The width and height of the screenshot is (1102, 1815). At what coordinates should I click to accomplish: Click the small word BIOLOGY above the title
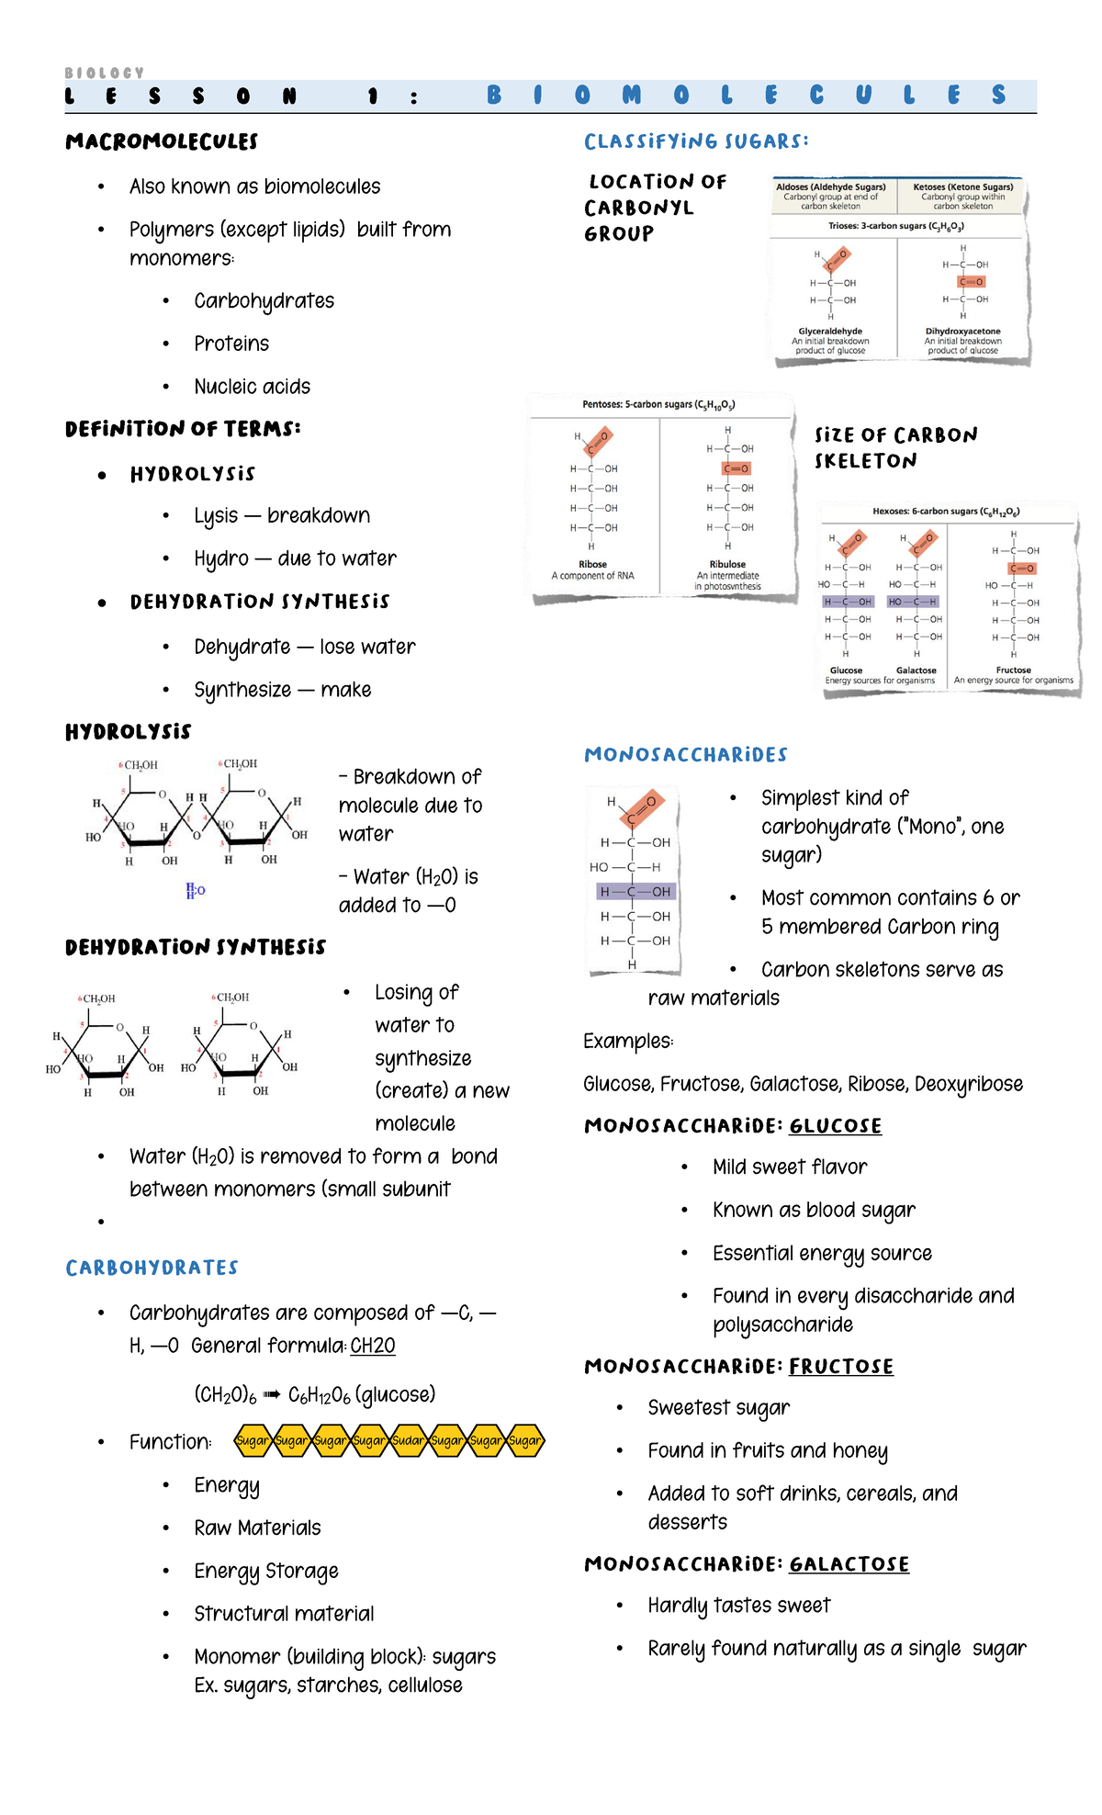(x=105, y=73)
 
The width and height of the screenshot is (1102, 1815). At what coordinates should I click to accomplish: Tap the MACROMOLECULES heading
(x=162, y=141)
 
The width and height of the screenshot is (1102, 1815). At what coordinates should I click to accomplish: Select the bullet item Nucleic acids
(x=252, y=387)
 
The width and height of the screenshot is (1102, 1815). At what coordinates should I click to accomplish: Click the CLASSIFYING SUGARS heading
(x=696, y=141)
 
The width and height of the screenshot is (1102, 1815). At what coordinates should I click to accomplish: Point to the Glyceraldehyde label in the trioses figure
(x=830, y=331)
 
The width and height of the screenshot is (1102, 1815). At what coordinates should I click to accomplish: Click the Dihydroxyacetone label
(x=962, y=331)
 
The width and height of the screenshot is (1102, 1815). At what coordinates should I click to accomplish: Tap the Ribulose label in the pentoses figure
(x=727, y=564)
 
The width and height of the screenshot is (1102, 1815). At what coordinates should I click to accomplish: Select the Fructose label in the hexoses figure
(x=1013, y=670)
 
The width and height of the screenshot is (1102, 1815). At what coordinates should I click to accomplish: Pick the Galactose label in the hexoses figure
(x=916, y=670)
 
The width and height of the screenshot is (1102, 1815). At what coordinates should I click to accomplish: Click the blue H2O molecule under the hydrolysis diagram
(x=196, y=890)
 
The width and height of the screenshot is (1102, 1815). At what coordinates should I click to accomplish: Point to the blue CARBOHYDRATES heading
(x=152, y=1268)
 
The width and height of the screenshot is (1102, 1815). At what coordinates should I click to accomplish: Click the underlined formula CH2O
(x=373, y=1346)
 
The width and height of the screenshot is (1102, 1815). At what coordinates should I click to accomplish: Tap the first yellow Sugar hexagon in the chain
(x=253, y=1440)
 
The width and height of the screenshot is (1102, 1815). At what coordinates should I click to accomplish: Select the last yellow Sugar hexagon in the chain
(x=525, y=1440)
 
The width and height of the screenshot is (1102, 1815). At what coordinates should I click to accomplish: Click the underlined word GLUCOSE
(x=835, y=1126)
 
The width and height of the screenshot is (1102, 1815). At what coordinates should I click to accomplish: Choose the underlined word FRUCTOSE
(x=840, y=1367)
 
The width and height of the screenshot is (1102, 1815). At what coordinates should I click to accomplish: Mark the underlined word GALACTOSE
(x=849, y=1564)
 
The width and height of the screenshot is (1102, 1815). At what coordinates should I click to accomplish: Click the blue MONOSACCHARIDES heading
(x=686, y=755)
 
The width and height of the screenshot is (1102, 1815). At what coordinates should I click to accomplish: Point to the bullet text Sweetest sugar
(x=718, y=1407)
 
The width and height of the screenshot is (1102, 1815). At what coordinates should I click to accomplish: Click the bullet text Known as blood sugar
(x=814, y=1210)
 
